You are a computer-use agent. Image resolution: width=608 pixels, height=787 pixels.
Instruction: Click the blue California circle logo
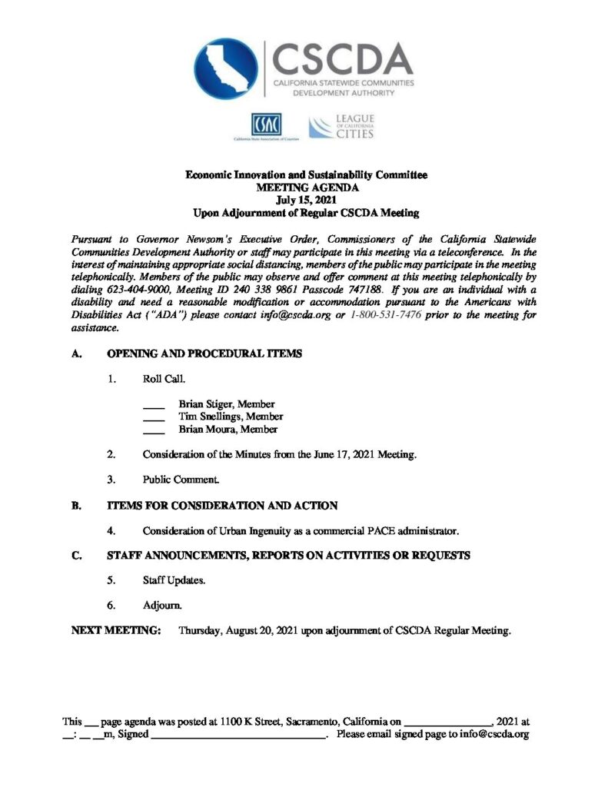226,68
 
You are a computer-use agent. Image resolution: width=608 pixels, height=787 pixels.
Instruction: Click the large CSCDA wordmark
343,58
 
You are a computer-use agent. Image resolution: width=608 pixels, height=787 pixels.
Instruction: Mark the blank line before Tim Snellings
154,419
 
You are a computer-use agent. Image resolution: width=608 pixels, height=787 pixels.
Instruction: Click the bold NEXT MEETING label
116,631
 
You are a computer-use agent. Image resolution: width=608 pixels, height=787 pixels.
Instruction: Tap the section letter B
75,505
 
